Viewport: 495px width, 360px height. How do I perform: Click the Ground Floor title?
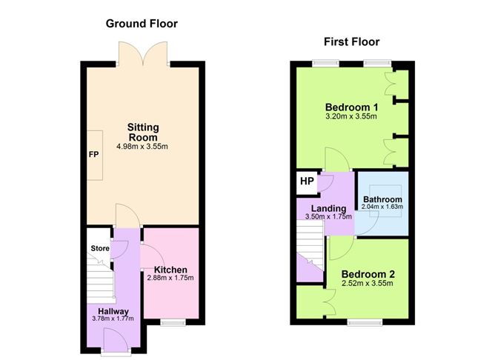point(142,24)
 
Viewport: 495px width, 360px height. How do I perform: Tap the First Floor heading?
point(352,41)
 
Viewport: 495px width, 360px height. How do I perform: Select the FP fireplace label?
point(94,155)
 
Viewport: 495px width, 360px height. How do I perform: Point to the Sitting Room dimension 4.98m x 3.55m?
point(142,147)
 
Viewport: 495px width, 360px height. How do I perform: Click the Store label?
point(100,248)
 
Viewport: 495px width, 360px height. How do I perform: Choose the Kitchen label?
point(170,270)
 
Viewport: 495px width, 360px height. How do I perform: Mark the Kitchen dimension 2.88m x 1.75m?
point(170,278)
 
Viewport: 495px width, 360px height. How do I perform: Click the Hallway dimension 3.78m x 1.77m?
point(113,319)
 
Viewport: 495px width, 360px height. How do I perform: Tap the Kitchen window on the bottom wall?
point(173,322)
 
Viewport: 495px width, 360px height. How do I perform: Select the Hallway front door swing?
point(115,339)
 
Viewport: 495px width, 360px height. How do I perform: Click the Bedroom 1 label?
point(352,107)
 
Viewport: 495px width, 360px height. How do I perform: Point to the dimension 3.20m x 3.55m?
point(351,116)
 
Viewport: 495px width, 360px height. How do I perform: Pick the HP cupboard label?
point(307,181)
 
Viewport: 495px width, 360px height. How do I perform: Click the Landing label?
point(328,209)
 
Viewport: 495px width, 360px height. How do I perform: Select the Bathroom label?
point(382,199)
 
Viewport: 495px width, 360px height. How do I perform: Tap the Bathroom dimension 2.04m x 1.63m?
point(382,207)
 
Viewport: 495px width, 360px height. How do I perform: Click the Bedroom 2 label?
point(368,274)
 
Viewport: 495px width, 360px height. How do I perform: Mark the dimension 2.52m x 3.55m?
point(368,283)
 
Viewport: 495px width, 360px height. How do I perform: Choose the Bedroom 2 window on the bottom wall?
point(365,322)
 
